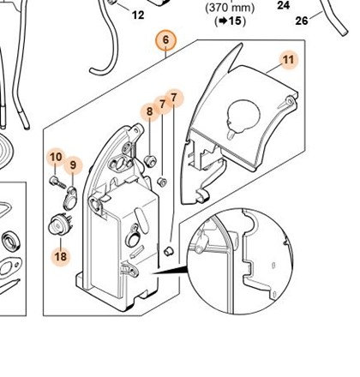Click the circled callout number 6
pyautogui.click(x=166, y=40)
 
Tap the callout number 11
pyautogui.click(x=288, y=60)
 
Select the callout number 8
pyautogui.click(x=149, y=111)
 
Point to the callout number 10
pyautogui.click(x=56, y=157)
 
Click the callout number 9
pyautogui.click(x=73, y=165)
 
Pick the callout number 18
pyautogui.click(x=61, y=256)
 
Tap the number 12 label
pyautogui.click(x=138, y=15)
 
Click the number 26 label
pyautogui.click(x=302, y=21)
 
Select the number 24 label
pyautogui.click(x=284, y=5)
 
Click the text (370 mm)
pyautogui.click(x=230, y=8)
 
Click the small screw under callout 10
pyautogui.click(x=57, y=183)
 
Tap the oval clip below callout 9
pyautogui.click(x=70, y=198)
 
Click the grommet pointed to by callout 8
pyautogui.click(x=151, y=160)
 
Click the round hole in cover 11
pyautogui.click(x=243, y=115)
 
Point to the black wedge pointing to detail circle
pyautogui.click(x=169, y=271)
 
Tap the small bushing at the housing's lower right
pyautogui.click(x=169, y=251)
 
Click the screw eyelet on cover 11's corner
pyautogui.click(x=291, y=100)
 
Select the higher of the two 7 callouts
pyautogui.click(x=174, y=98)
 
